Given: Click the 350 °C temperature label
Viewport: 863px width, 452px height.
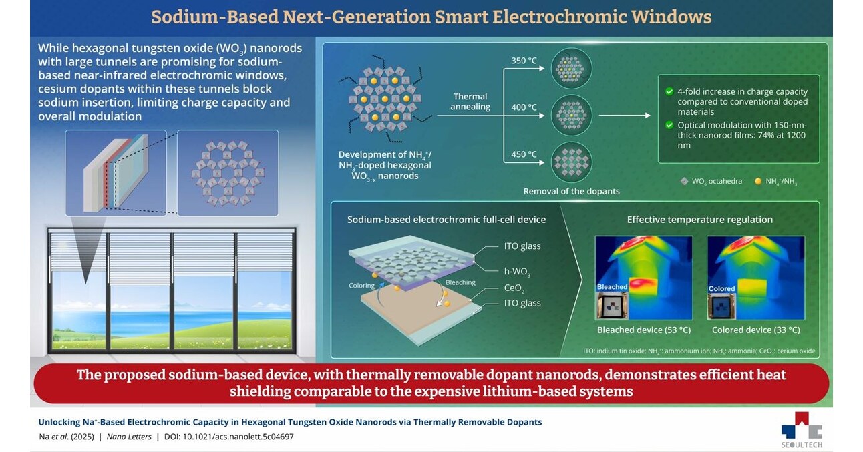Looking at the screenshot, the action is click(524, 61).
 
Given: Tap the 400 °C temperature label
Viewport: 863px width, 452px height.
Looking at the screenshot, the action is click(524, 107).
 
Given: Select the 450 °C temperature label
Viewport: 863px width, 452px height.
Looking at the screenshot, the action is click(524, 154).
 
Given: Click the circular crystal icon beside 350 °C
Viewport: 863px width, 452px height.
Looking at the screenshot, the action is click(571, 69).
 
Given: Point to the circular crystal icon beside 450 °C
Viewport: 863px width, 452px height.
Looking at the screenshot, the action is click(571, 162).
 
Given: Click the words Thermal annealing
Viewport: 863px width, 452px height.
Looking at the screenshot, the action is click(470, 101).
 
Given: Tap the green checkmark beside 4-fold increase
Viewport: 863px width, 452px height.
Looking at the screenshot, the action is click(669, 91).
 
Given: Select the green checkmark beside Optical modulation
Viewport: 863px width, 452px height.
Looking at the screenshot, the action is click(669, 125).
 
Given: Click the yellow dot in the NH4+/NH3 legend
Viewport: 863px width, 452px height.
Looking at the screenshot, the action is click(758, 181).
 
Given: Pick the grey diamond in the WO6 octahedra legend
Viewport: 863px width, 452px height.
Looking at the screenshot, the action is click(684, 181).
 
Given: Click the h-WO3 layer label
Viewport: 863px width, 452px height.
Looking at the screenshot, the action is click(517, 272).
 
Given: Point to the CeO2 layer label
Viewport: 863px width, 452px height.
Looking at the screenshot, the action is click(514, 288).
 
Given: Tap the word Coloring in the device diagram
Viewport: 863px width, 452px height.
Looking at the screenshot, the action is click(361, 286).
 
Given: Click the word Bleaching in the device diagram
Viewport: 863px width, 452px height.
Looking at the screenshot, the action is click(460, 282).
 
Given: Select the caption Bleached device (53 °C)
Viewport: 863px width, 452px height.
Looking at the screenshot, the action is click(644, 330).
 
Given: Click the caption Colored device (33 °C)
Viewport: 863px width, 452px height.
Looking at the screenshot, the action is click(756, 330).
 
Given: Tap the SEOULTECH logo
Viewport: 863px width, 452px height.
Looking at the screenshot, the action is click(802, 430).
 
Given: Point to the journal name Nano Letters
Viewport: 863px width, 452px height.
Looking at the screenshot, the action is click(129, 437).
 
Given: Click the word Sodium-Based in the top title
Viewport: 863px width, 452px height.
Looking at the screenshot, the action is click(214, 17).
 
